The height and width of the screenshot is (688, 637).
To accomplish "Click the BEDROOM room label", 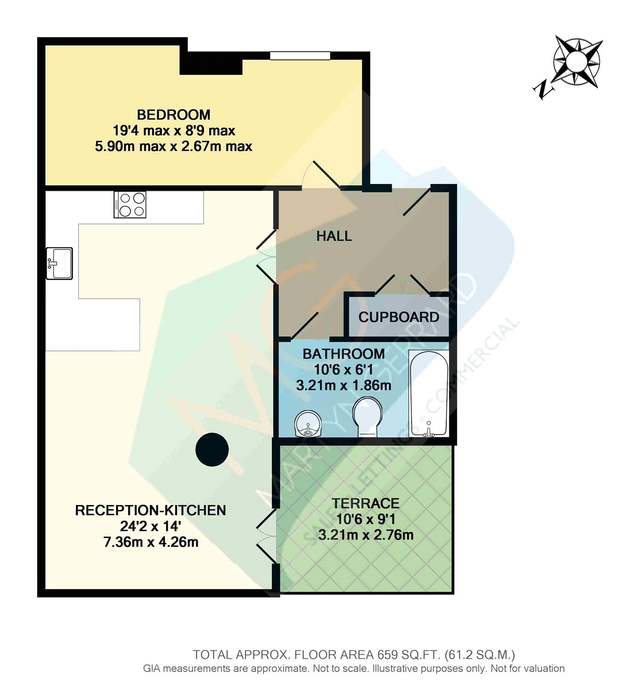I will tap(173, 115).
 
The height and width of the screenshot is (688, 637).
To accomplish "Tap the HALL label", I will tap(334, 236).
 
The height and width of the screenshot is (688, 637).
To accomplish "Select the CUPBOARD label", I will tap(399, 317).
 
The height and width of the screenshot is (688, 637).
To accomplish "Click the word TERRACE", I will tap(366, 503).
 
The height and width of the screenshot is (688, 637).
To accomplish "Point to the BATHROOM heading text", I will tap(343, 354).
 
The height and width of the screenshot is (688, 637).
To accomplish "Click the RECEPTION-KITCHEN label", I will tap(150, 510).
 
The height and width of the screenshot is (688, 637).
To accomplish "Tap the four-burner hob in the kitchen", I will tap(130, 205).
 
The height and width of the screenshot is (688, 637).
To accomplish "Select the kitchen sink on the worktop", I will tap(60, 263).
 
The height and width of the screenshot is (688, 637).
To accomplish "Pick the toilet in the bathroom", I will tap(367, 416).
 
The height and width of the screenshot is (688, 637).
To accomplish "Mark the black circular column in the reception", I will tap(212, 449).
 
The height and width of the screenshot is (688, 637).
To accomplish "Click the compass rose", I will tap(577, 61).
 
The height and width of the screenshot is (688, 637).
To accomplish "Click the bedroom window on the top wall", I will tap(300, 55).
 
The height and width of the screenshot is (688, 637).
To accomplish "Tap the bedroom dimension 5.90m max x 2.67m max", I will tap(173, 146).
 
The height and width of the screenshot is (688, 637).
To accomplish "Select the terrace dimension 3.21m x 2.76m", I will tap(366, 535).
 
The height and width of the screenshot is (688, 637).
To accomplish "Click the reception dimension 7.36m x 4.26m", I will tap(150, 542).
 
